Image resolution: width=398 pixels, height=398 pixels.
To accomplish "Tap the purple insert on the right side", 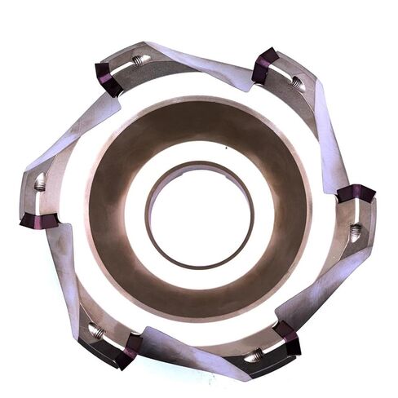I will coord(356,194).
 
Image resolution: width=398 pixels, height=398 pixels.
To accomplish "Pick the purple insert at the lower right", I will coord(287,336).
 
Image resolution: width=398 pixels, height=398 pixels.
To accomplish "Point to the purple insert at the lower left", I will coord(128,349).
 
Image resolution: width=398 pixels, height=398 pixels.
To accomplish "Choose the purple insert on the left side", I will coord(39,221).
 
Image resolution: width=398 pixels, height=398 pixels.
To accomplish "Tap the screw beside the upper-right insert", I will coord(295,82).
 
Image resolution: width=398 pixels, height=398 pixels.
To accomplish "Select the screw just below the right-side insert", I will coord(355,232).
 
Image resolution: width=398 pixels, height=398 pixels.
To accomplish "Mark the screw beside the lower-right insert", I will coord(255,355).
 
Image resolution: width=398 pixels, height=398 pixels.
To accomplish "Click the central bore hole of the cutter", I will coord(199,215).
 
